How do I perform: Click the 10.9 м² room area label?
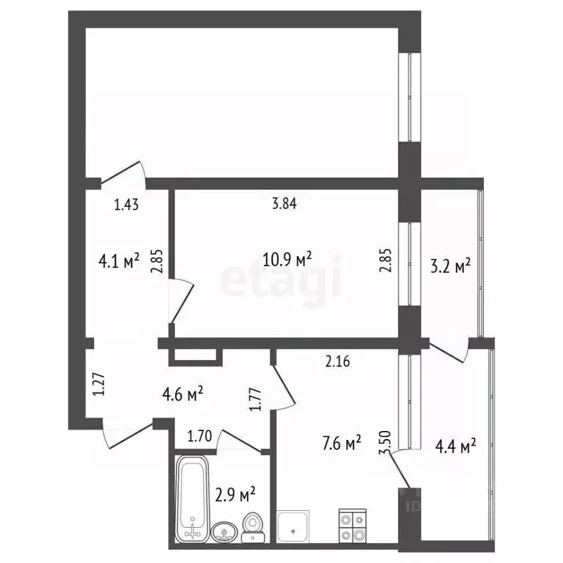[287, 259]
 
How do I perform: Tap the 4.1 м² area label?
[119, 261]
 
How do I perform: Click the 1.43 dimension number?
[126, 206]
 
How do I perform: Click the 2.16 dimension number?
[339, 360]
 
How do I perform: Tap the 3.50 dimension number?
[383, 444]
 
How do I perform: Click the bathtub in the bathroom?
[192, 498]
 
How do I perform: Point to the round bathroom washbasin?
[222, 531]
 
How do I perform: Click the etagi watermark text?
[281, 281]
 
